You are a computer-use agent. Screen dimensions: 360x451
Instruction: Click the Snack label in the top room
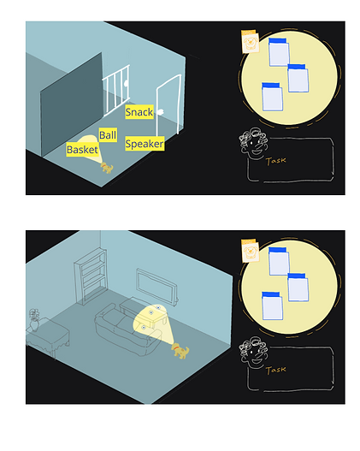[139, 112]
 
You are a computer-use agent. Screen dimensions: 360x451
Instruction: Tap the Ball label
[108, 135]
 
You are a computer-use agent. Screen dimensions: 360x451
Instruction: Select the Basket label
[82, 150]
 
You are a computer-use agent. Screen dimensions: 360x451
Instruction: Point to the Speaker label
[145, 144]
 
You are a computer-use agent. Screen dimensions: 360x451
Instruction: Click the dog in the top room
[107, 168]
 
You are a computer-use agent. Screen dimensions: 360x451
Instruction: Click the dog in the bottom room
[180, 351]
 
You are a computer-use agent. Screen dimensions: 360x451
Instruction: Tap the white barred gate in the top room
[115, 90]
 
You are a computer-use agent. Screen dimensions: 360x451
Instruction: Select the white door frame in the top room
[168, 104]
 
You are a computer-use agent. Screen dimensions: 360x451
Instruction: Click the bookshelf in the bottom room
[91, 276]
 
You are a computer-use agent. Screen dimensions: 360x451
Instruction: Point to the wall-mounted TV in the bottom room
[156, 286]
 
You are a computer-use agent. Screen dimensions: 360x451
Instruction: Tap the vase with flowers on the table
[34, 320]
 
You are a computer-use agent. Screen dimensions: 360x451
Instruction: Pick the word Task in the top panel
[276, 161]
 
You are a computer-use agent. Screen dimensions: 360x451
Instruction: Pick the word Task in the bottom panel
[276, 370]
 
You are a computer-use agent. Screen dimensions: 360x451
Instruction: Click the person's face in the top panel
[254, 144]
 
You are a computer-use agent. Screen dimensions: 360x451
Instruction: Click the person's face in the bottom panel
[254, 353]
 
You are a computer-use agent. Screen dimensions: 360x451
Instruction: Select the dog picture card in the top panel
[250, 42]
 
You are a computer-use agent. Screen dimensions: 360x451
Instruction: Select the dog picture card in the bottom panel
[250, 251]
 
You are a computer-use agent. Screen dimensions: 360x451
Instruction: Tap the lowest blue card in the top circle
[272, 97]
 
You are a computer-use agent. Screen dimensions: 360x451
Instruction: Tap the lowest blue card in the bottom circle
[272, 306]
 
